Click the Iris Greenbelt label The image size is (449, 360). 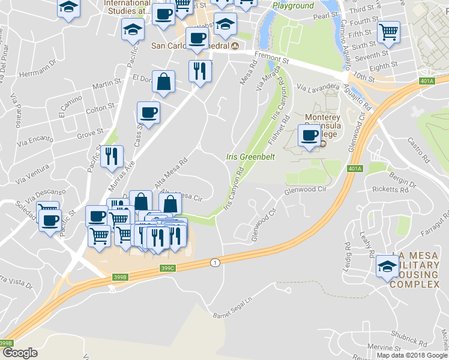(246, 157)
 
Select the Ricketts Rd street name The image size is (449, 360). (390, 190)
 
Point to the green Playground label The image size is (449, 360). (293, 6)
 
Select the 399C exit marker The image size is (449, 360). (167, 268)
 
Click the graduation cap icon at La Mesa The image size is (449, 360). (387, 266)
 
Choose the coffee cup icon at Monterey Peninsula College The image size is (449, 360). (310, 134)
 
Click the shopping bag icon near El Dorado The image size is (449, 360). (163, 81)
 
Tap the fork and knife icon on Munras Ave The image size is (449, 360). (112, 156)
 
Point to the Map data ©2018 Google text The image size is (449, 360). (412, 355)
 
